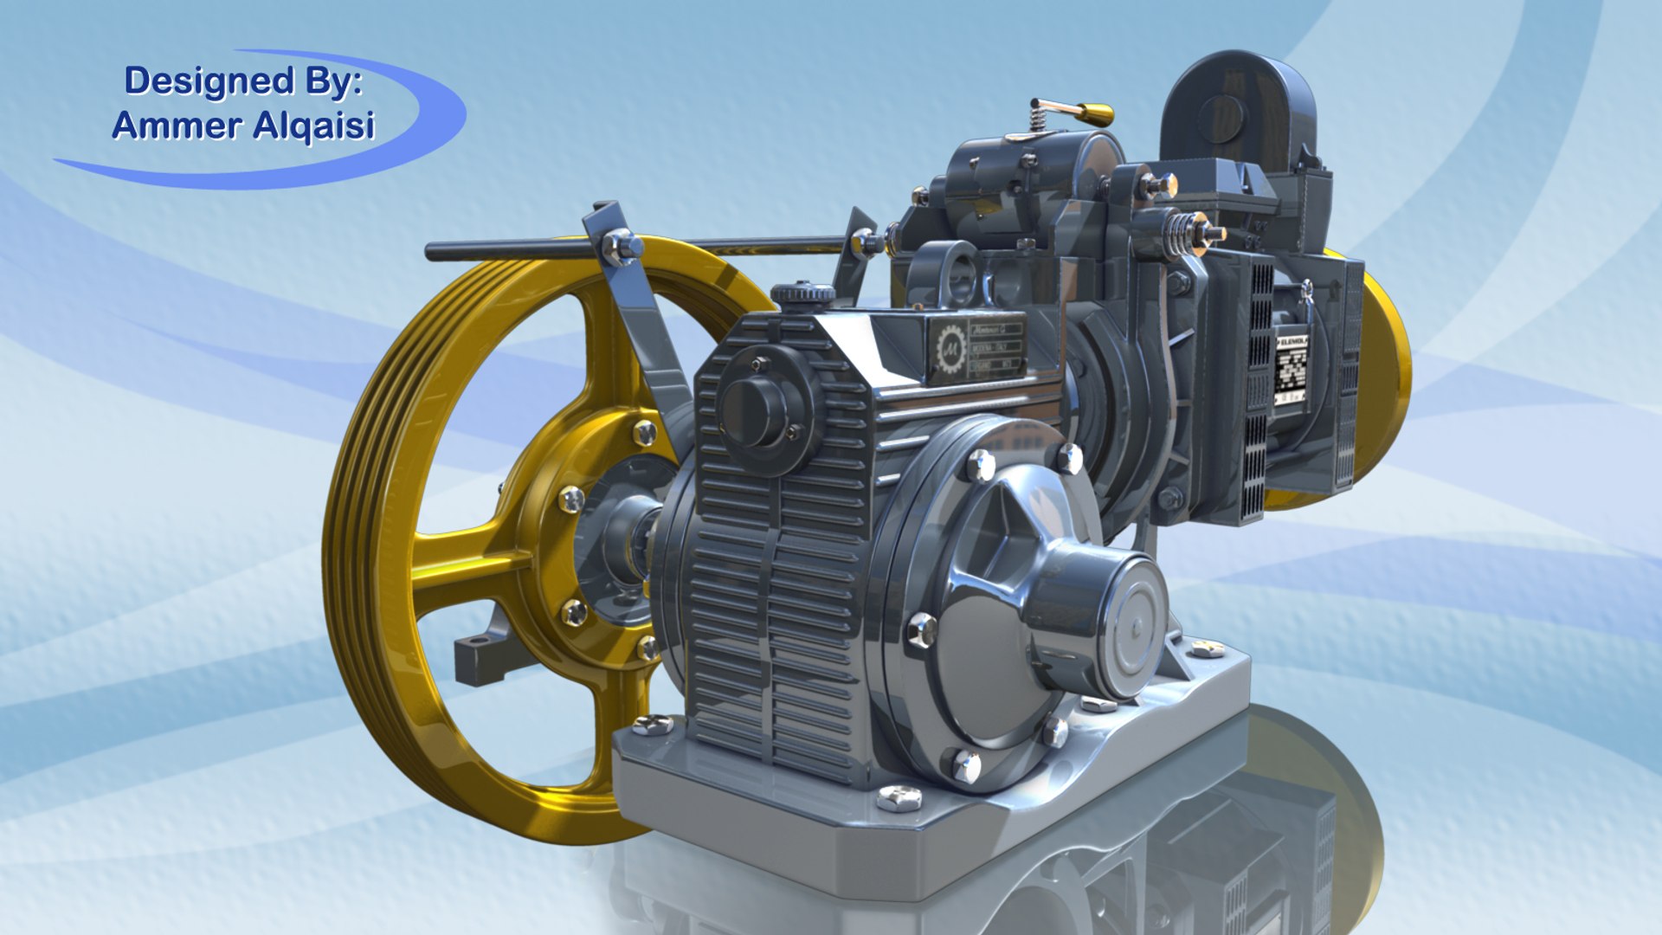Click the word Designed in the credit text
[x=209, y=81]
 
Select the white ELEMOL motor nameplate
[x=1292, y=369]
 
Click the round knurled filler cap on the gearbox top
[x=802, y=293]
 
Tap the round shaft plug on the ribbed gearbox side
[x=753, y=412]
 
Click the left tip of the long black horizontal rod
[x=431, y=252]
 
